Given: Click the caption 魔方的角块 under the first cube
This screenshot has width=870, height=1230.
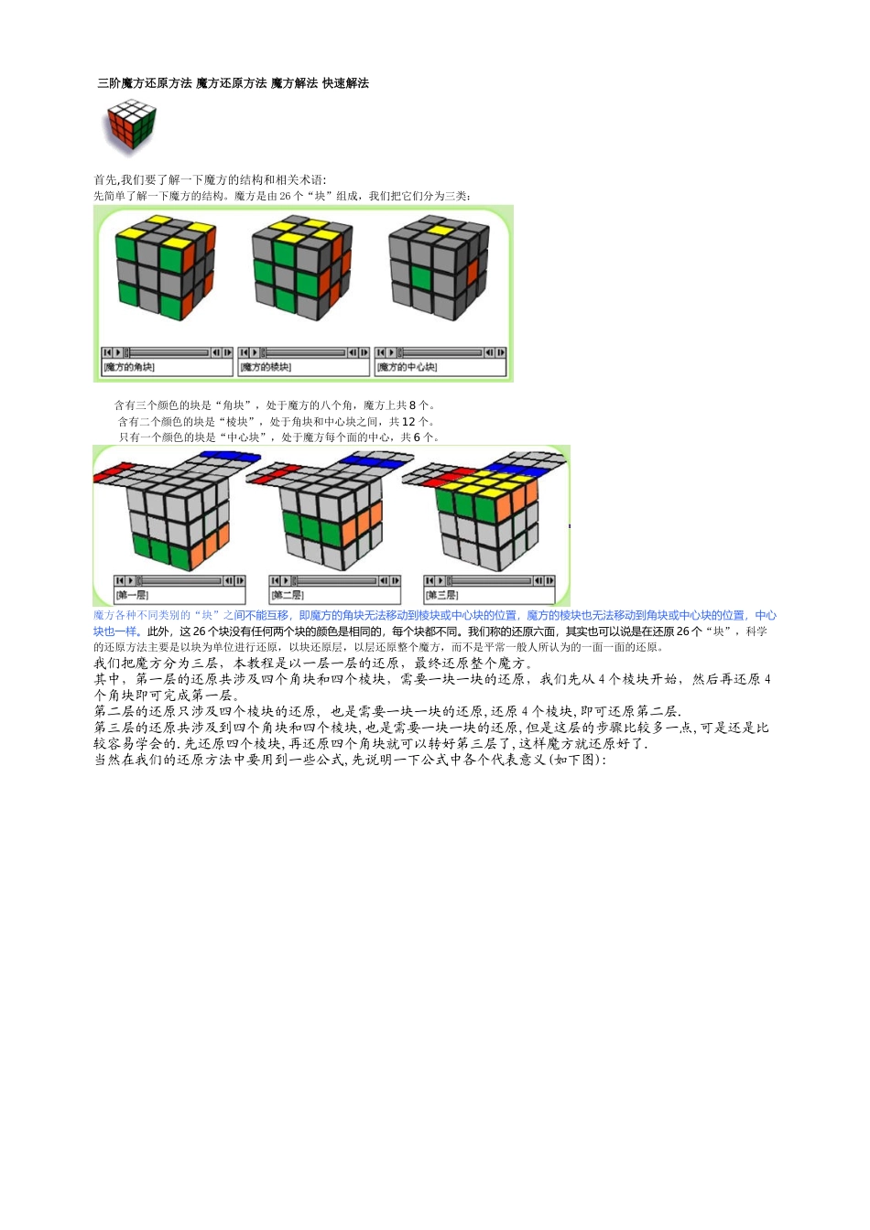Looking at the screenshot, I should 129,367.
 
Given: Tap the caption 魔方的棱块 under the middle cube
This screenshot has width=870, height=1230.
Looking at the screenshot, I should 266,367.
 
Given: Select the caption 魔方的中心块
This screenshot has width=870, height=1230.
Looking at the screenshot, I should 408,367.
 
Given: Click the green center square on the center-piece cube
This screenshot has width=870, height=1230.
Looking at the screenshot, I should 421,277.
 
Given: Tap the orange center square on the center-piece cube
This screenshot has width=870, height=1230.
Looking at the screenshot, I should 473,272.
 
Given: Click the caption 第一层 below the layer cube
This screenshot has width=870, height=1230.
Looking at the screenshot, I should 132,595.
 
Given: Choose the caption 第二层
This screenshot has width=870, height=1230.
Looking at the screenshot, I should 287,595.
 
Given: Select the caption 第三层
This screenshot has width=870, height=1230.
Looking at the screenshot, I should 441,595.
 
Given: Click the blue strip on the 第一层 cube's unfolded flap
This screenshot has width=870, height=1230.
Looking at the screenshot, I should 230,455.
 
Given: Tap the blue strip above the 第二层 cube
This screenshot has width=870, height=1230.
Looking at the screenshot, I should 371,462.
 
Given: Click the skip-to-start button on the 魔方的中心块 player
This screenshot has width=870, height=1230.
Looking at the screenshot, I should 381,352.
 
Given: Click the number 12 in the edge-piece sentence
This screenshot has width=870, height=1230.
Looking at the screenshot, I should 408,422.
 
